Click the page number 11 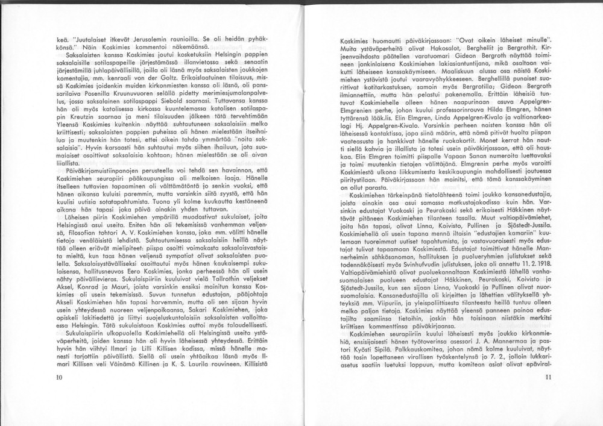(548, 377)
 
